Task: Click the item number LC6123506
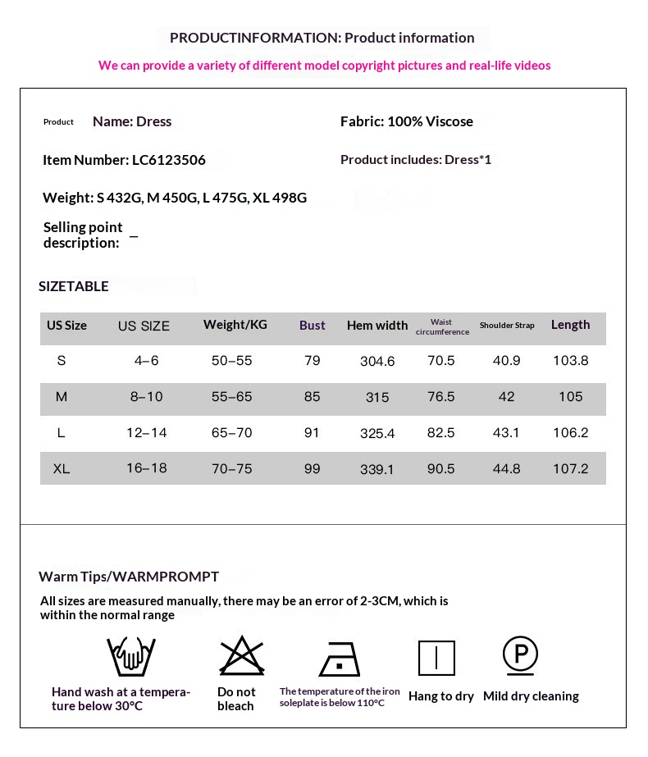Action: [x=169, y=161]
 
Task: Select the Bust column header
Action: [x=312, y=326]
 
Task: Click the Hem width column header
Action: [x=377, y=326]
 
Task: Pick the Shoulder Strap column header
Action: [x=507, y=326]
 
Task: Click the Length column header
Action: [x=570, y=325]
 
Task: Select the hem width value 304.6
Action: [x=377, y=362]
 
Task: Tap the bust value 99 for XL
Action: [x=312, y=469]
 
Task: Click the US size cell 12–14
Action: [x=147, y=433]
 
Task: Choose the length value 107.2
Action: [x=570, y=469]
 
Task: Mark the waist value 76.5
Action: [x=441, y=397]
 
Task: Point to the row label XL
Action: [x=62, y=469]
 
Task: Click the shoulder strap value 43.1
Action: [x=507, y=433]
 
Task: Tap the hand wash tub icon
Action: [x=131, y=657]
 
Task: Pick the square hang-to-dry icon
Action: [x=436, y=658]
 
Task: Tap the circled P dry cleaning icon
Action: [x=520, y=654]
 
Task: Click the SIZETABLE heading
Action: [x=74, y=286]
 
